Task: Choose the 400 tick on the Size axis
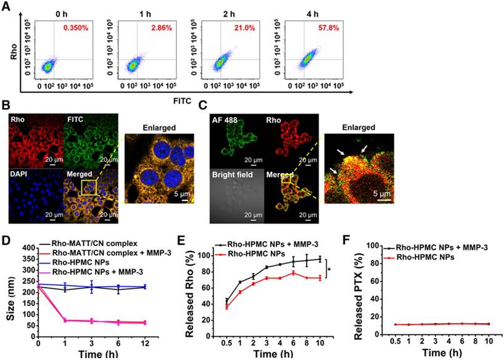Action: coord(26,247)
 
